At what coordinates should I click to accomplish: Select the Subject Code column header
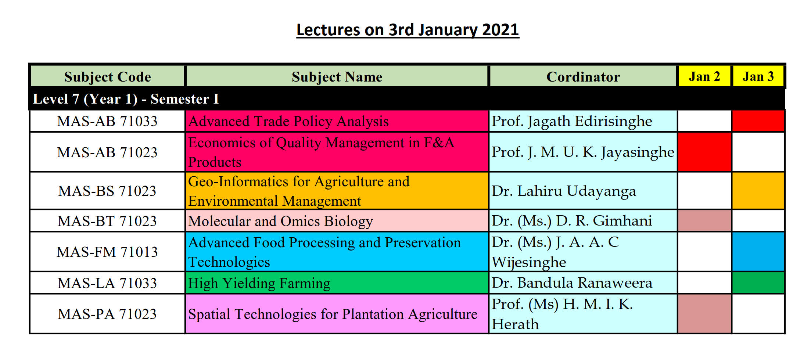pyautogui.click(x=108, y=76)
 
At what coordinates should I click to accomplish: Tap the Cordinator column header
pyautogui.click(x=583, y=76)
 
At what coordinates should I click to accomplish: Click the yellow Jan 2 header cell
pyautogui.click(x=704, y=76)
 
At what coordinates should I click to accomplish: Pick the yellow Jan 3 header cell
pyautogui.click(x=758, y=76)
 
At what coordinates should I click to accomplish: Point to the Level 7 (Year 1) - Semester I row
pyautogui.click(x=407, y=99)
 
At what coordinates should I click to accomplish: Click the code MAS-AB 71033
pyautogui.click(x=107, y=121)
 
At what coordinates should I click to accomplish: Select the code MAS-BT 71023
pyautogui.click(x=107, y=221)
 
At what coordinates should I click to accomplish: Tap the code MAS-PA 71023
pyautogui.click(x=107, y=314)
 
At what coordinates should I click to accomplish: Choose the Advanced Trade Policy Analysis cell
pyautogui.click(x=337, y=121)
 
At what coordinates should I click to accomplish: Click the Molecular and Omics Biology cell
pyautogui.click(x=337, y=221)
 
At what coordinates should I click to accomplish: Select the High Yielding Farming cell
pyautogui.click(x=337, y=283)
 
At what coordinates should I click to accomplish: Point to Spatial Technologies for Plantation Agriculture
pyautogui.click(x=333, y=314)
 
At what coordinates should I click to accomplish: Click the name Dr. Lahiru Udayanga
pyautogui.click(x=564, y=191)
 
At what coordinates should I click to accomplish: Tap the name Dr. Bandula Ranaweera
pyautogui.click(x=572, y=283)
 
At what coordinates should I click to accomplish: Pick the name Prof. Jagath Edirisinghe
pyautogui.click(x=572, y=121)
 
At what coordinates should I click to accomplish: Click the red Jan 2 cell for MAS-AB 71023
pyautogui.click(x=704, y=152)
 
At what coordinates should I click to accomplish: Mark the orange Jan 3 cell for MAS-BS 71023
pyautogui.click(x=758, y=191)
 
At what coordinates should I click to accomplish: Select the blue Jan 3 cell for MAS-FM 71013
pyautogui.click(x=758, y=252)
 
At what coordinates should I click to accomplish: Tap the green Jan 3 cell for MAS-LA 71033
pyautogui.click(x=758, y=283)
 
